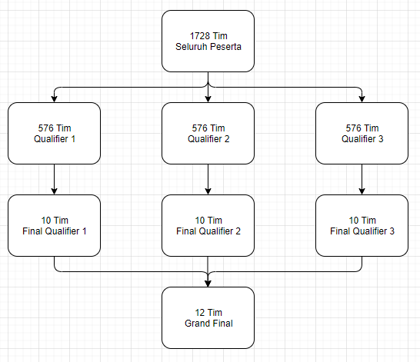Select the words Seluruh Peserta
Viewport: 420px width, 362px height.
tap(208, 47)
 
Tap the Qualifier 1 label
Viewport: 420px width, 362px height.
tap(55, 139)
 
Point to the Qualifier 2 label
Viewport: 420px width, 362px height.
tap(208, 139)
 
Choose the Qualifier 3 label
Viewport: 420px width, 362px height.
tap(362, 139)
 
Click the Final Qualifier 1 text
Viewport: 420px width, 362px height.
tap(55, 231)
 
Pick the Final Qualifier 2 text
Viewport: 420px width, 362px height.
tap(208, 231)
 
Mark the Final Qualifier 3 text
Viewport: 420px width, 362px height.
tap(362, 231)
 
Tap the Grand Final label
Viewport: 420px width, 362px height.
tap(208, 324)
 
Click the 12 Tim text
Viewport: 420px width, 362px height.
tap(208, 313)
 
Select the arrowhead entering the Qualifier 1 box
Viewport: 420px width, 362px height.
tap(54, 99)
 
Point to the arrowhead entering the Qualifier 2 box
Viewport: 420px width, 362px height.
tap(208, 99)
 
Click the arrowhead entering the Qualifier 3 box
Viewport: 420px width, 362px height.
tap(362, 99)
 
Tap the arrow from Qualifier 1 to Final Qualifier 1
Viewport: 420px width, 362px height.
tap(54, 179)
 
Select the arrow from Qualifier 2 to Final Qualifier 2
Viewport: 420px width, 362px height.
tap(208, 179)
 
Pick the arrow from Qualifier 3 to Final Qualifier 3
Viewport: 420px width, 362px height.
tap(362, 179)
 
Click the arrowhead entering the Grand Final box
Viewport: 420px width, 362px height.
tap(208, 284)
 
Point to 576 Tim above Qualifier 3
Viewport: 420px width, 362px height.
tap(362, 128)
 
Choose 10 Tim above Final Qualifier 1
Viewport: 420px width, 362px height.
tap(55, 220)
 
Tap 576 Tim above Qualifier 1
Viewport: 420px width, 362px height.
tap(55, 128)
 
